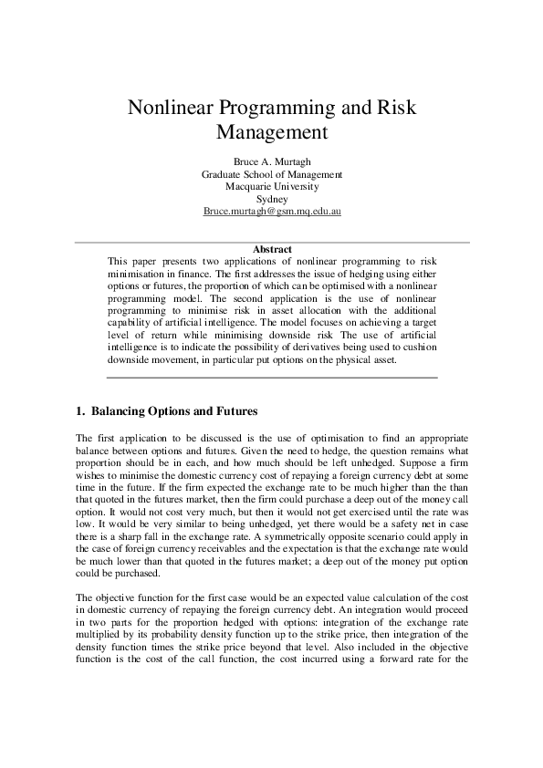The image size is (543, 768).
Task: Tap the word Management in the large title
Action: point(271,132)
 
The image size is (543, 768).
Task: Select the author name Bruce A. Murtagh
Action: point(272,161)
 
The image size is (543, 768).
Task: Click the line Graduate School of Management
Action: point(272,173)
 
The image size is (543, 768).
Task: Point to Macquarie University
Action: point(272,186)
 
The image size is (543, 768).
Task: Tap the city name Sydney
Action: point(272,199)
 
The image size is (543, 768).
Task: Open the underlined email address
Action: point(272,212)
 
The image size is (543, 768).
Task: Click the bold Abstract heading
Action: point(272,249)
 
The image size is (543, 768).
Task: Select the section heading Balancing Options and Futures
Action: point(173,410)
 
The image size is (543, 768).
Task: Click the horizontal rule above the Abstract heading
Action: point(272,242)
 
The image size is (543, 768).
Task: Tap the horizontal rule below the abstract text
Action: point(272,377)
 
